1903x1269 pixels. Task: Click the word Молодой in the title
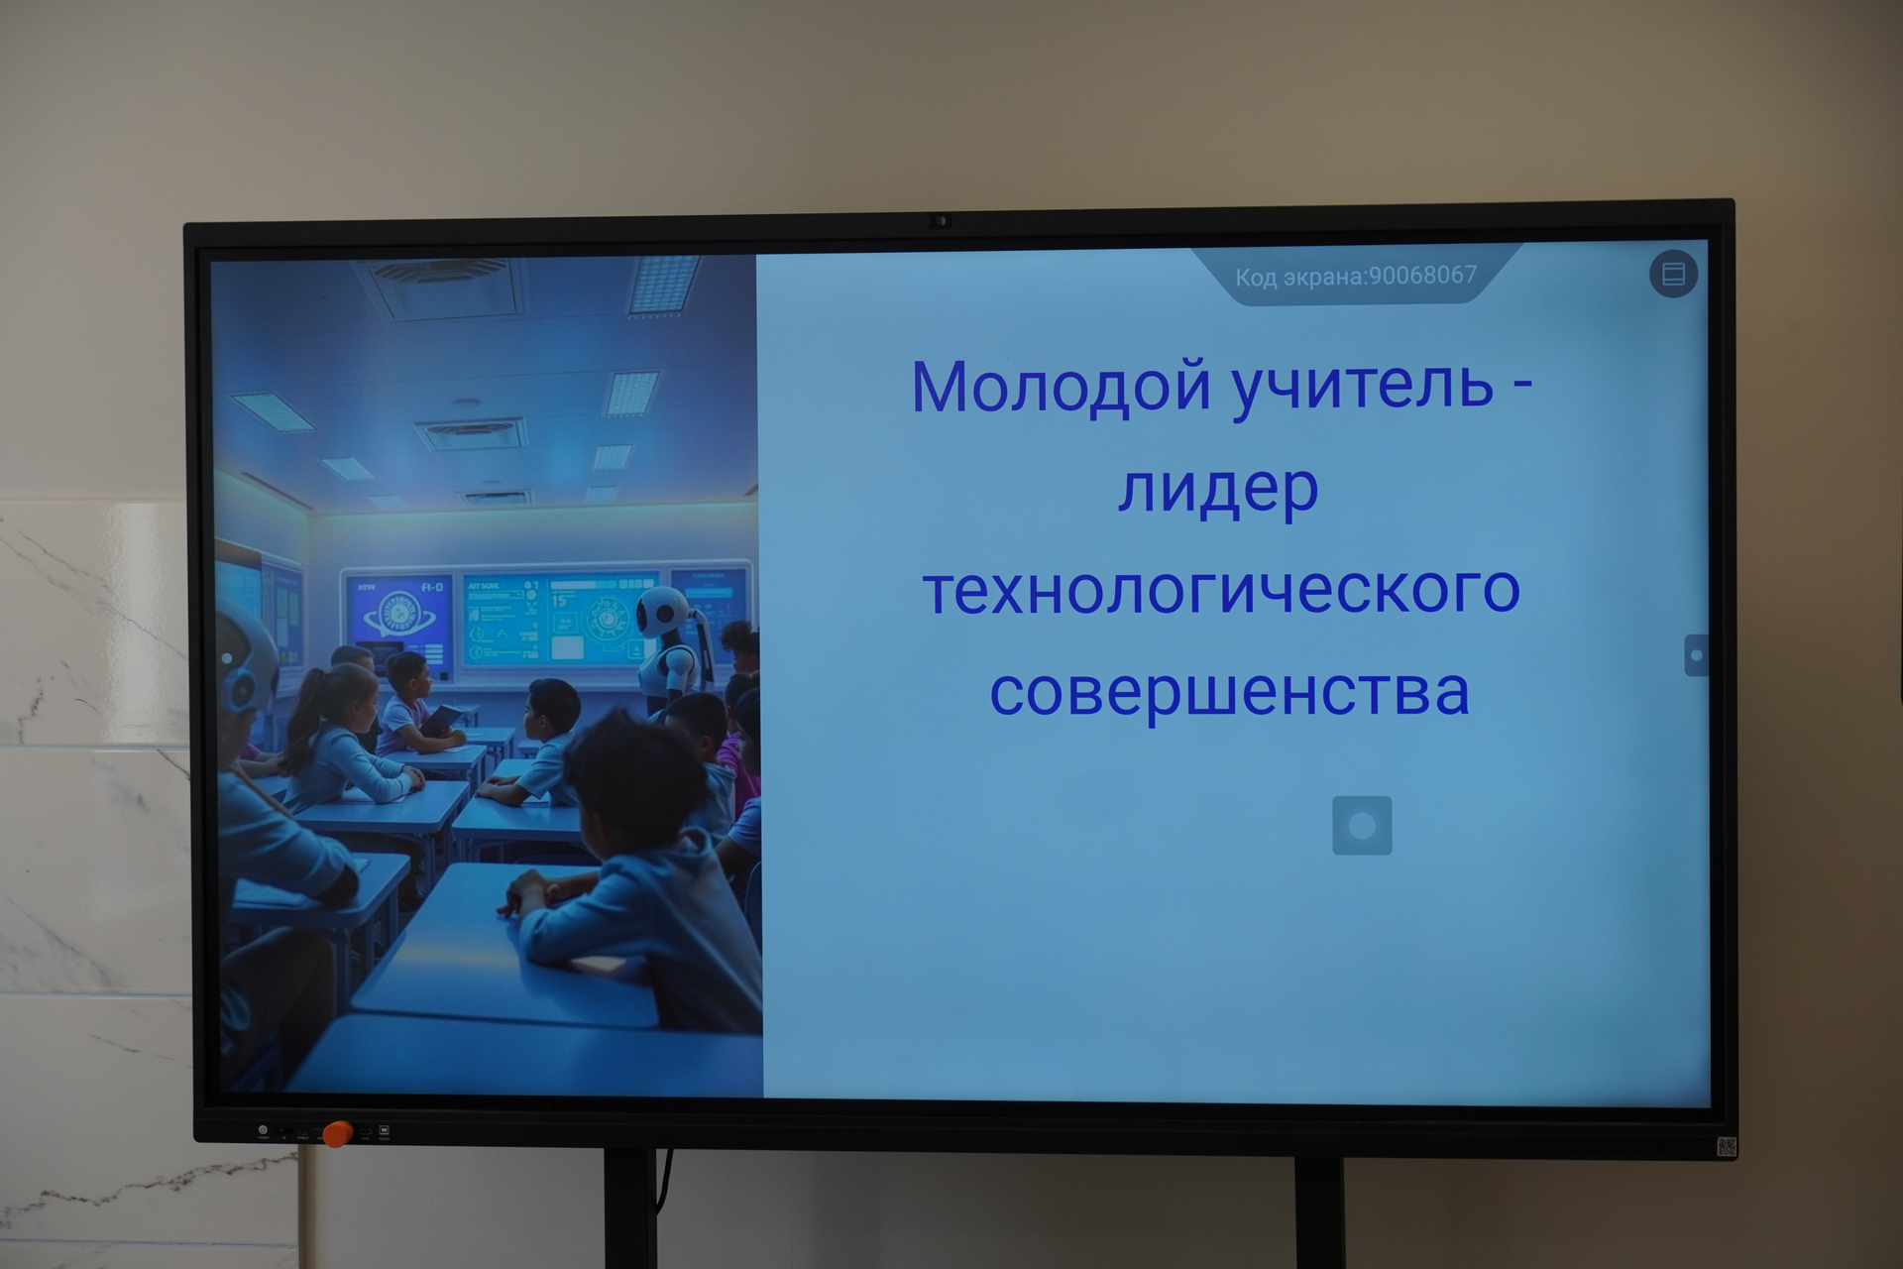(x=1062, y=386)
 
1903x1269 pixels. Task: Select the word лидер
(x=1218, y=489)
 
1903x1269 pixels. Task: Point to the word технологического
(x=1221, y=590)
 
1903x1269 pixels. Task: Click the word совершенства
(x=1229, y=691)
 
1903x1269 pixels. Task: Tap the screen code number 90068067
(x=1422, y=275)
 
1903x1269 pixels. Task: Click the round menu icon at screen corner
(x=1673, y=274)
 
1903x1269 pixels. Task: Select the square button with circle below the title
(x=1362, y=825)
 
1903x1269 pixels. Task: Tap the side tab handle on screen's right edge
(x=1696, y=655)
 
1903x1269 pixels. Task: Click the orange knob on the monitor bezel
(x=337, y=1133)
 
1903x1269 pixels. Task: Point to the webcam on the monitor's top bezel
(x=941, y=221)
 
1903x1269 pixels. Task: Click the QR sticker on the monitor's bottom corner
(x=1726, y=1147)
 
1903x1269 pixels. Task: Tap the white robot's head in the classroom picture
(x=662, y=611)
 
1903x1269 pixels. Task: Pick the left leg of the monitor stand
(x=630, y=1209)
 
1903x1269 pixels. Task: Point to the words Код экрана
(x=1297, y=277)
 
